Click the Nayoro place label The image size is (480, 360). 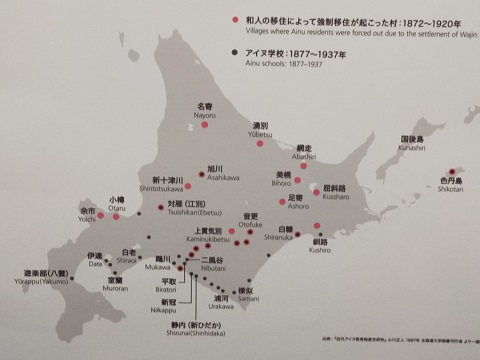(204, 110)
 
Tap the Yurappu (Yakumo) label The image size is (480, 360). (46, 277)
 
